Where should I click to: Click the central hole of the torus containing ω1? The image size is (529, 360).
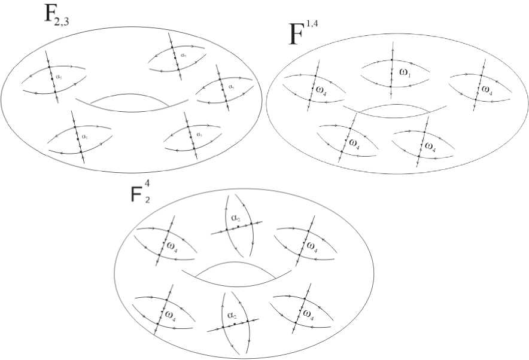tap(395, 110)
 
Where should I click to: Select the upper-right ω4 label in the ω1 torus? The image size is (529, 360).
tap(487, 90)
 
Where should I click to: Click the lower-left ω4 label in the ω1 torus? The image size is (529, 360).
tap(354, 144)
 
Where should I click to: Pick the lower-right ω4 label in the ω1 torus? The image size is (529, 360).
tap(428, 145)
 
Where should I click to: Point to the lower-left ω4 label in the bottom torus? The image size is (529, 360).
tap(170, 313)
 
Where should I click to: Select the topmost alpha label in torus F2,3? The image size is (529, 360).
tap(183, 55)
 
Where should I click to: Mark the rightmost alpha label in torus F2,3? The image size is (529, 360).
tap(231, 86)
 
